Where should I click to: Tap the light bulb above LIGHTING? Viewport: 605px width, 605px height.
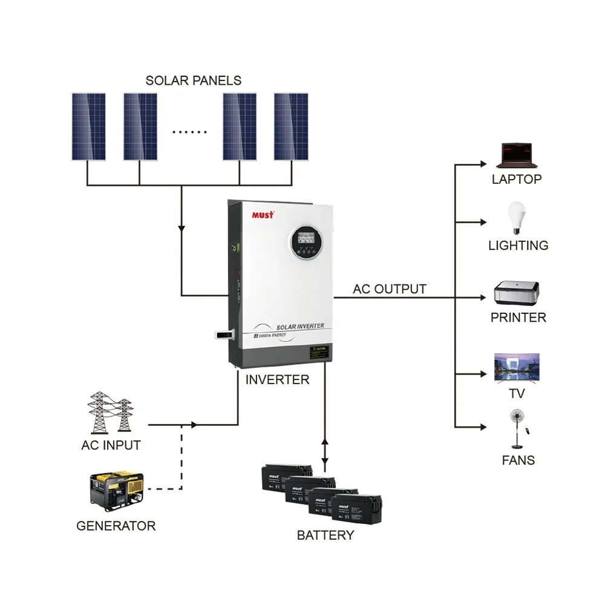pos(516,218)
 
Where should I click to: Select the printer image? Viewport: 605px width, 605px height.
pos(516,293)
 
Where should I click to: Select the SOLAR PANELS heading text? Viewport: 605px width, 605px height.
pos(194,80)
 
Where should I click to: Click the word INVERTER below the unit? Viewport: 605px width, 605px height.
pos(277,380)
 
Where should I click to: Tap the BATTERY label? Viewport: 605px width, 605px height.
pos(325,535)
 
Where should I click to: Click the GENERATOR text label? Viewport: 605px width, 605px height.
pos(116,526)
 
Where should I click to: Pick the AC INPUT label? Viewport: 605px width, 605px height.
pos(111,445)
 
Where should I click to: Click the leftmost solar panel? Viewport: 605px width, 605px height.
pos(88,126)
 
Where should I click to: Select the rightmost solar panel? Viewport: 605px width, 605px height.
pos(291,126)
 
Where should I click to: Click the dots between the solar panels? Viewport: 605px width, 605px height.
pos(189,131)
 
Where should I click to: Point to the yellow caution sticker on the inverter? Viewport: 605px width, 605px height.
pos(321,353)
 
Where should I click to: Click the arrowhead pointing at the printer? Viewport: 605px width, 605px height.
pos(483,298)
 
